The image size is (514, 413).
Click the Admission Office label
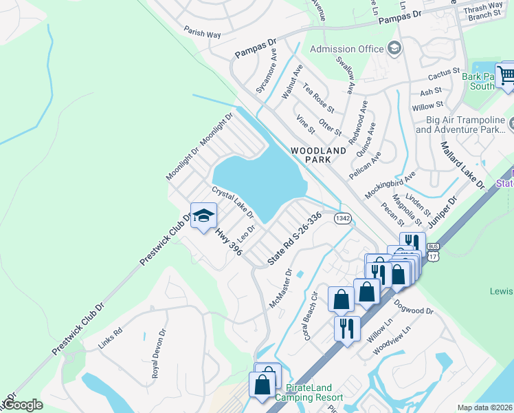346,49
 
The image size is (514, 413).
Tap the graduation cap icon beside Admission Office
394,48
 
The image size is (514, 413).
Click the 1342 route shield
343,218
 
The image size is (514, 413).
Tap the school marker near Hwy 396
203,218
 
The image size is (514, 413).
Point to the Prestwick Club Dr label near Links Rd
78,327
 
